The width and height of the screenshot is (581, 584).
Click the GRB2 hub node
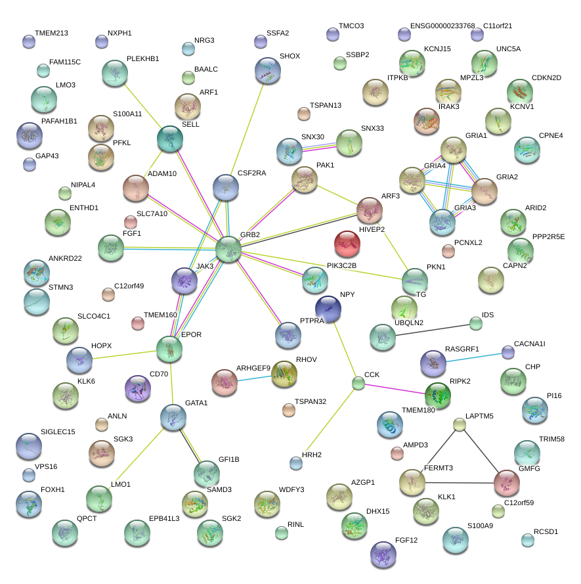(228, 250)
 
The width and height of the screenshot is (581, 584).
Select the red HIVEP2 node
(347, 243)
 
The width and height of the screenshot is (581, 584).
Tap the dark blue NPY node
(328, 309)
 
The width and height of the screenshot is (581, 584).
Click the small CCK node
(358, 383)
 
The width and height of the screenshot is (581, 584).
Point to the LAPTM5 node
(460, 424)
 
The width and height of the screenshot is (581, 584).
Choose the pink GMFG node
(506, 483)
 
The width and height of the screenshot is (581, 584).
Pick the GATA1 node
(173, 417)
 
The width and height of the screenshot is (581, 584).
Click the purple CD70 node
(137, 388)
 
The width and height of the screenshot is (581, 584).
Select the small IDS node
(476, 323)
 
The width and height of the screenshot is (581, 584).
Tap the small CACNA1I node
(508, 352)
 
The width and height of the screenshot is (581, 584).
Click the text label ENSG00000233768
(442, 26)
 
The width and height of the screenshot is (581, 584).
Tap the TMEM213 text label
(51, 33)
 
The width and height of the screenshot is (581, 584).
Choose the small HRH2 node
(296, 463)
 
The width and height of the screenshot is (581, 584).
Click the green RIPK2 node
(438, 395)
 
